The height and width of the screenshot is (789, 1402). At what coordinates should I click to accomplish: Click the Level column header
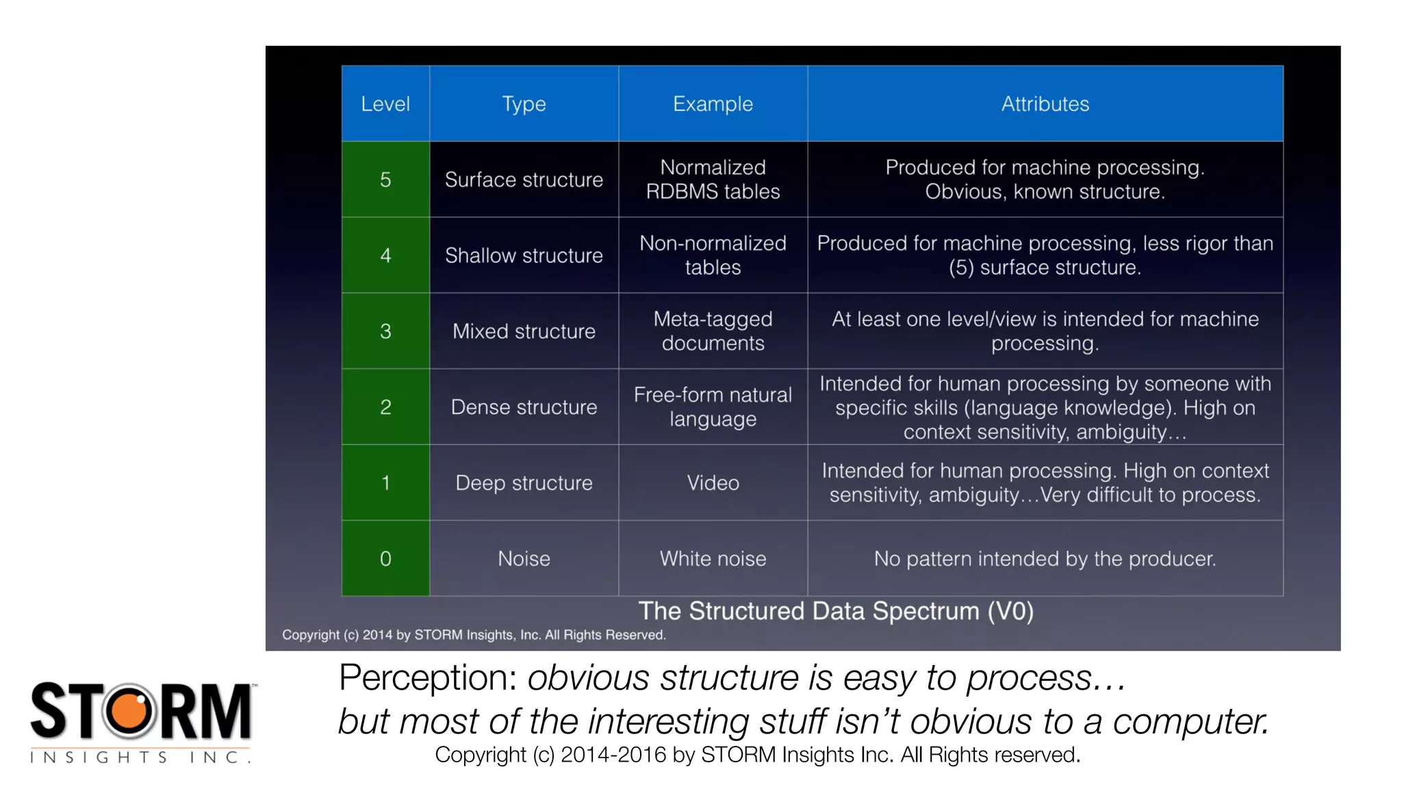[385, 104]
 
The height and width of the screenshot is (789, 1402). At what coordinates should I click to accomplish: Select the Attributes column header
[1045, 104]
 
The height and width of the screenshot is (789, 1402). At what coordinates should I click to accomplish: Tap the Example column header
[713, 104]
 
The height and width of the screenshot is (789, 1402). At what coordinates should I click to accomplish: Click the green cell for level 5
[385, 179]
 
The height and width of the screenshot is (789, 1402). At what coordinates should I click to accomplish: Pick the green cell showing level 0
[385, 558]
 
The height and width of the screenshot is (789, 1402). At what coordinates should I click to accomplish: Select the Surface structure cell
[524, 179]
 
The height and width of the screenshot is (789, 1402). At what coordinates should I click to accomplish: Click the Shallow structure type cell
[524, 255]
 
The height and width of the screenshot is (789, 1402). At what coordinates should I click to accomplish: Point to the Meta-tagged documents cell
[713, 331]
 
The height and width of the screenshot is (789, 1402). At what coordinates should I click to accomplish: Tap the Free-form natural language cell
[713, 407]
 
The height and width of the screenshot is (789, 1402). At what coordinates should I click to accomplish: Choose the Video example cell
[713, 483]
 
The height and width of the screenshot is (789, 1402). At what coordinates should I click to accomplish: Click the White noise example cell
[713, 558]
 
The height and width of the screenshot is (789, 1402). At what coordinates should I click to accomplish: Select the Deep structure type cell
[524, 483]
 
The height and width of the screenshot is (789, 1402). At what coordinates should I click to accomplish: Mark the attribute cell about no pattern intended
[1045, 558]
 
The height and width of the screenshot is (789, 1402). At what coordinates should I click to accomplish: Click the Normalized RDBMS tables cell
[713, 179]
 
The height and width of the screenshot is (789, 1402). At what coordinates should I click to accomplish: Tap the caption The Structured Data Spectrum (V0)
[836, 611]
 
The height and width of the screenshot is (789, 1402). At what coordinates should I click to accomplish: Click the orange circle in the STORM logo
[129, 711]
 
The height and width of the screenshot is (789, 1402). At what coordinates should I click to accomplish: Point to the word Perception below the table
[428, 677]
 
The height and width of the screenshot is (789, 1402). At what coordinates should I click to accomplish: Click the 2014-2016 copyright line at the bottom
[757, 755]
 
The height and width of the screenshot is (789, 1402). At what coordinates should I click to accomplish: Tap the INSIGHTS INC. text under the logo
[140, 757]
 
